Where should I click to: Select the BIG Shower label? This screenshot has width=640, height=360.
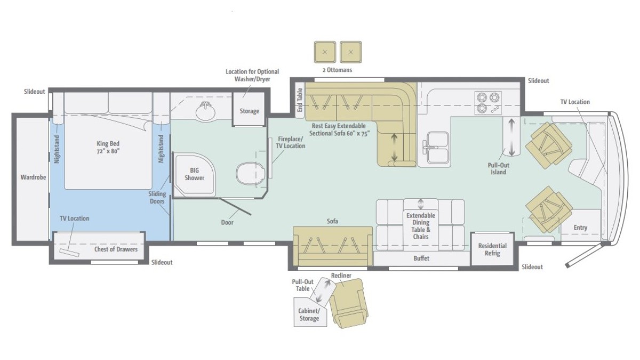pos(194,174)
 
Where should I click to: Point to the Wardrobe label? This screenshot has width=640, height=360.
pos(33,177)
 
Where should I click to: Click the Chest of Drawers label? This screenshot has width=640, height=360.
pos(116,249)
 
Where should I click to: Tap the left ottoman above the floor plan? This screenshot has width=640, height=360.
pos(325,52)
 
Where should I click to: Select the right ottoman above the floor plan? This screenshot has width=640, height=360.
pos(351,52)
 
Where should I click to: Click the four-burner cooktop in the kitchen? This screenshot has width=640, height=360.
pos(488,103)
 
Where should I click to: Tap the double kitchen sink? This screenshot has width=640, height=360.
pos(435,147)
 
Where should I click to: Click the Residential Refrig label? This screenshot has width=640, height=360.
pos(492,250)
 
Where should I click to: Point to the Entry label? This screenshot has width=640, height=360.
pos(580,228)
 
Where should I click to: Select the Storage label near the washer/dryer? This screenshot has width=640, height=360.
pos(249,111)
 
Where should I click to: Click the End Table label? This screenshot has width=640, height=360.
pos(300,100)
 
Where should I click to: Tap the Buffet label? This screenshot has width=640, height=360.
pos(421,258)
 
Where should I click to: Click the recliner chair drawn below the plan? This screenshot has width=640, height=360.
pos(349,303)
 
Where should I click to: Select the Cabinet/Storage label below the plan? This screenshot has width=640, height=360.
pos(309,315)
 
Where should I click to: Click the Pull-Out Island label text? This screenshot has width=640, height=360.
pos(498,169)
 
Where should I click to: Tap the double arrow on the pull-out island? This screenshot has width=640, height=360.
pos(511,137)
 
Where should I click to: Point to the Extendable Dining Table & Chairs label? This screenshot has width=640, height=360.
pos(421,226)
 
